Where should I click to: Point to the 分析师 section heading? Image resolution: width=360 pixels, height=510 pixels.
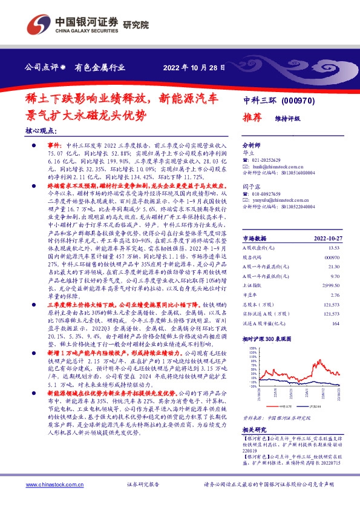(x=250, y=145)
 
